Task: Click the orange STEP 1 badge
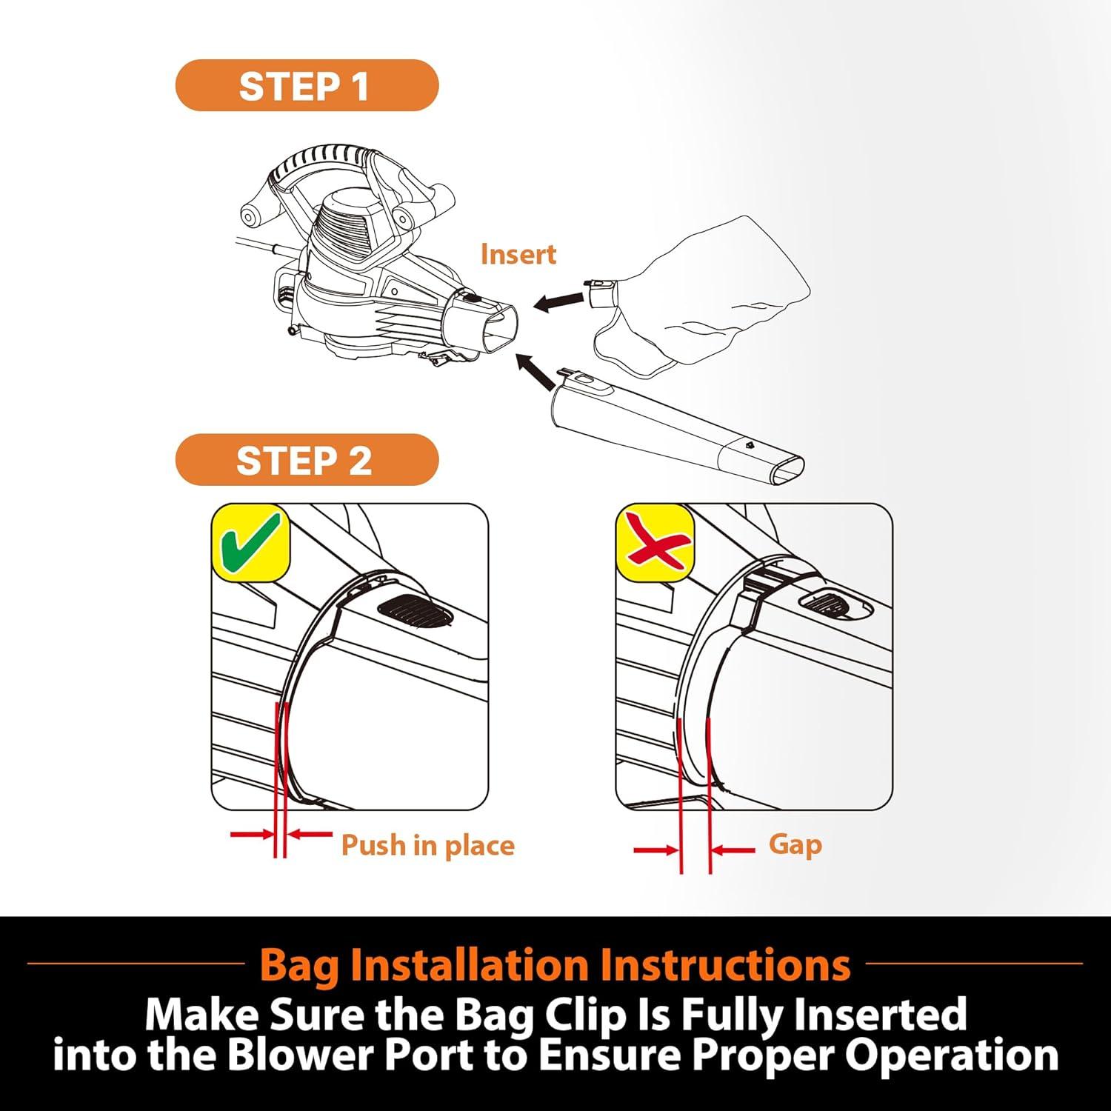(x=307, y=85)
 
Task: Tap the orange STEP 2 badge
(x=307, y=460)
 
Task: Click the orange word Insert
(x=518, y=254)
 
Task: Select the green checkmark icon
(x=250, y=542)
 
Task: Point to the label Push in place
(x=427, y=845)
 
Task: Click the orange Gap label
(x=795, y=844)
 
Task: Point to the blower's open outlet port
(x=498, y=330)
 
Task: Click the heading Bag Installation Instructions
(x=555, y=964)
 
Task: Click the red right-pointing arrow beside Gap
(x=657, y=850)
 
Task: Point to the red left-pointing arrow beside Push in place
(x=310, y=835)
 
